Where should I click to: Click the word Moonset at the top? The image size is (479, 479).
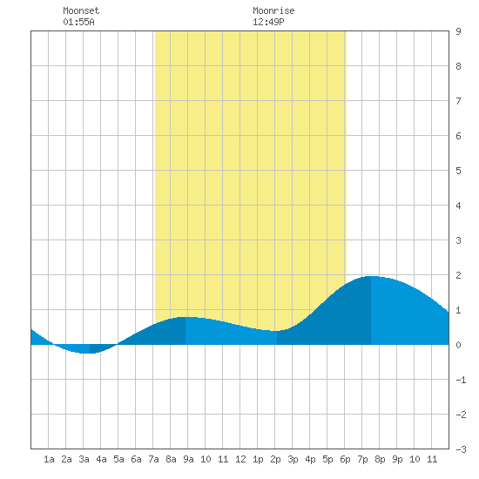pos(81,10)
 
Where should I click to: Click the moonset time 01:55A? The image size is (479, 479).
pos(78,22)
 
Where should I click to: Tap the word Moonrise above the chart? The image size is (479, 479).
pos(273,10)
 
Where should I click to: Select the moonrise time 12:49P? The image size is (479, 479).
pos(268,22)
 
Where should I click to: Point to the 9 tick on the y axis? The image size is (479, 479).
pos(458,31)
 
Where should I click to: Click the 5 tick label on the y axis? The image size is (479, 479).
pos(458,171)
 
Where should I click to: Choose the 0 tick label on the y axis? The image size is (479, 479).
pos(458,345)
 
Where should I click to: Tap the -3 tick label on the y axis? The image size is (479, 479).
pos(461,449)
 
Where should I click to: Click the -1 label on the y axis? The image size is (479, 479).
pos(461,380)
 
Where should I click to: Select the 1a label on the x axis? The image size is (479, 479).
pos(49,459)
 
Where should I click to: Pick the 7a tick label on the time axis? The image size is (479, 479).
pos(153,459)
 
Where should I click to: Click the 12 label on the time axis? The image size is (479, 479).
pos(240,459)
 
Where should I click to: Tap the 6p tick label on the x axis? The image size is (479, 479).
pos(345,459)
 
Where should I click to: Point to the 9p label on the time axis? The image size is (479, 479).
pos(397,459)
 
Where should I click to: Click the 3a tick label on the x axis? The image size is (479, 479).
pos(84,459)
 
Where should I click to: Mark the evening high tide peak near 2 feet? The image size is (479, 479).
pos(371,276)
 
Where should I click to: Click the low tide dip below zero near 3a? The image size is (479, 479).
pos(85,353)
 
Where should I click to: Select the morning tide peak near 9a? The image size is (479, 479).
pos(186,317)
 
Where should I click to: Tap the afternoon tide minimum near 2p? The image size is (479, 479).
pos(276,331)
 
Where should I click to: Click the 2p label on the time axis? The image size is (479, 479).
pos(275,459)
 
